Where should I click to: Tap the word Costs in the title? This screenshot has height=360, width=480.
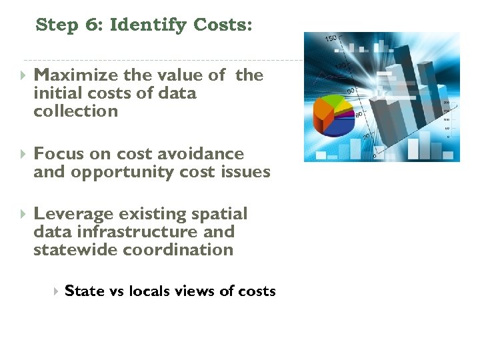point(223,25)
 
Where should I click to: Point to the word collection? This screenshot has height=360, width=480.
point(75,111)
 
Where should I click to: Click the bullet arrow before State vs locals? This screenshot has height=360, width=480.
point(56,291)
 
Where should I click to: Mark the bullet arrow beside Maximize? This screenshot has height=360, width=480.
point(23,75)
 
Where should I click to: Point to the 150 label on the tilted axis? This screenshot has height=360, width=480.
point(331,40)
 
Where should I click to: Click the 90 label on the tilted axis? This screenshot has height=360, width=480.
point(349,90)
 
